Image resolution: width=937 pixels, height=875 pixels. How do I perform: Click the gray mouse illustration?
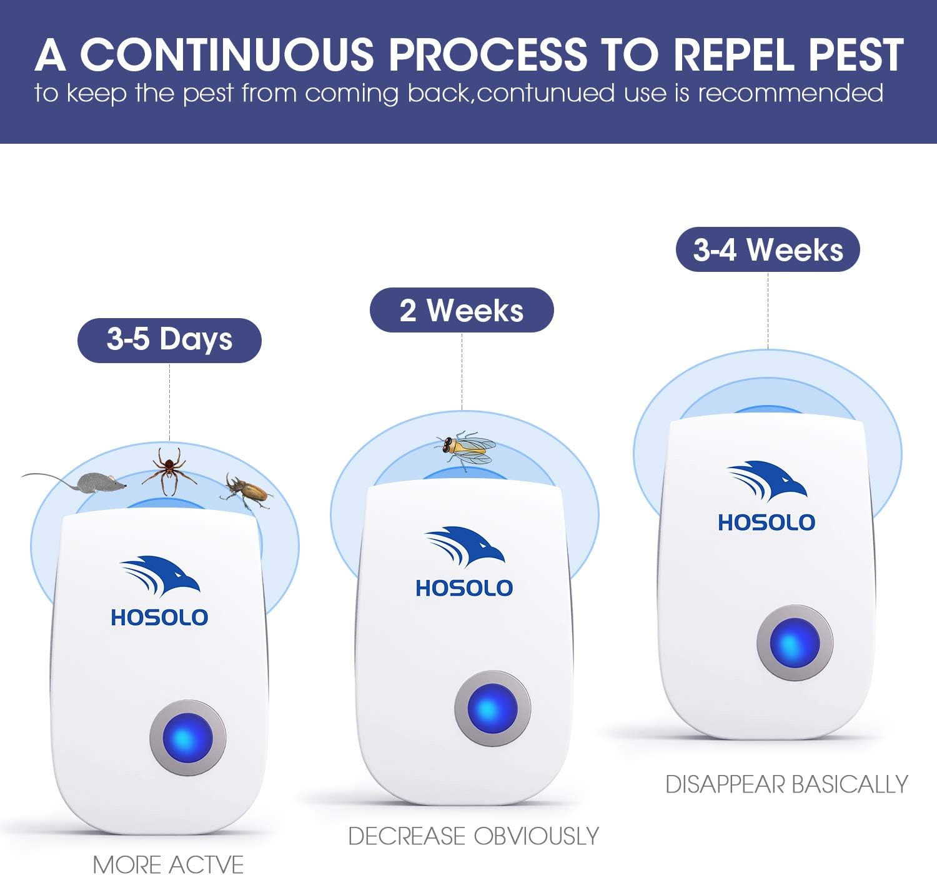(100, 482)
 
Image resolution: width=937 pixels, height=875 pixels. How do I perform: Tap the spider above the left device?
(169, 471)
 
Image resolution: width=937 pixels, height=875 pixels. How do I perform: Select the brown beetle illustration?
(247, 491)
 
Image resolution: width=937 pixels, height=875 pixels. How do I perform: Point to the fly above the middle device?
(466, 447)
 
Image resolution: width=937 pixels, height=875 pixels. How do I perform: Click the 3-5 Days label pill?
(169, 340)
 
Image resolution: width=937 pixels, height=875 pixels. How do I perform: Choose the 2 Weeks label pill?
(462, 310)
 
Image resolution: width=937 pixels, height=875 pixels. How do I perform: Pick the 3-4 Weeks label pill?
(768, 249)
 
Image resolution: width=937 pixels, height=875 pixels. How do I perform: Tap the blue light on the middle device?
(492, 709)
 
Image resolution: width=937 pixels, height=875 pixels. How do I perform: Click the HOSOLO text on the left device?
(159, 617)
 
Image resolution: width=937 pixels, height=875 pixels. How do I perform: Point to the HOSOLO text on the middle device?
(464, 588)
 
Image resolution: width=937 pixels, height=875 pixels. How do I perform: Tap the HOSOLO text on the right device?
(766, 522)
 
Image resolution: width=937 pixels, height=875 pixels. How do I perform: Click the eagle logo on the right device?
(767, 480)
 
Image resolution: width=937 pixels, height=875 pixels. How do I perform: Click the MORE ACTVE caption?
(168, 864)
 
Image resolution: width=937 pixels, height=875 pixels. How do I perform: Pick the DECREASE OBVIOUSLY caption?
(473, 836)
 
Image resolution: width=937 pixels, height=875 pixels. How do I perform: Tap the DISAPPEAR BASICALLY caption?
(786, 784)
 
